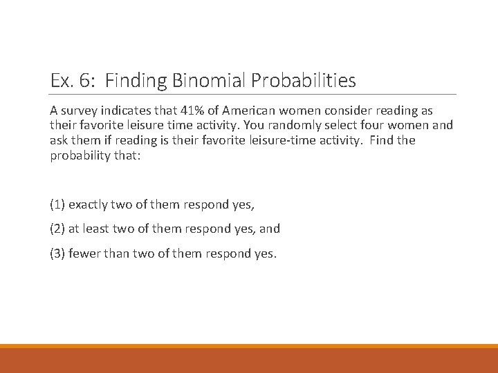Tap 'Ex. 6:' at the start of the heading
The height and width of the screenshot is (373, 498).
tap(68, 81)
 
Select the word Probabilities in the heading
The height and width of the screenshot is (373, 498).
tap(304, 81)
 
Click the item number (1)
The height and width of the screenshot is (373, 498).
tap(57, 204)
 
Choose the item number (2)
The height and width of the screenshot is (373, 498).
tap(57, 229)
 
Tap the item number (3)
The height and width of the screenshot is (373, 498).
tap(57, 254)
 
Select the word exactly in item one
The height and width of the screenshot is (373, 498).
tap(87, 204)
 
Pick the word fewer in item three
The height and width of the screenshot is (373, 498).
tap(84, 254)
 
